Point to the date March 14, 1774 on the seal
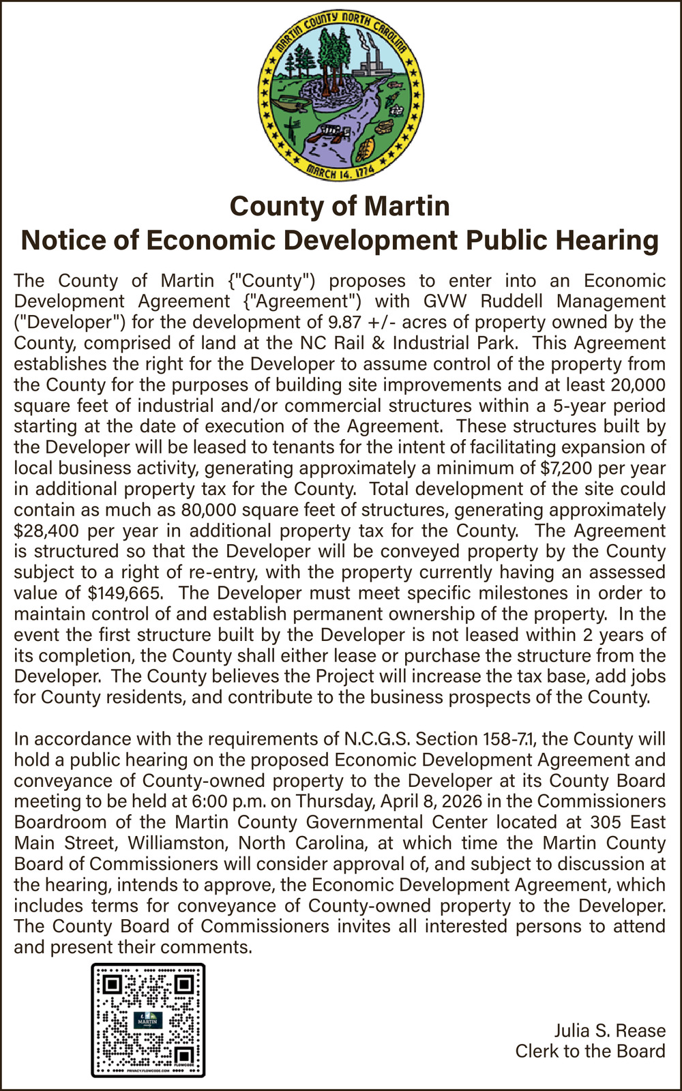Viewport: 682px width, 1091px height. click(x=339, y=171)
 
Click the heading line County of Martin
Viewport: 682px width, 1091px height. click(x=340, y=206)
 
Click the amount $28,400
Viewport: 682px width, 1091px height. click(x=44, y=531)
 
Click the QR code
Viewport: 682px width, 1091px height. click(x=148, y=1020)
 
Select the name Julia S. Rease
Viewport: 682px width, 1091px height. click(x=609, y=1030)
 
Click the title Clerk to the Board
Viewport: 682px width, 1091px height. click(x=590, y=1051)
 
